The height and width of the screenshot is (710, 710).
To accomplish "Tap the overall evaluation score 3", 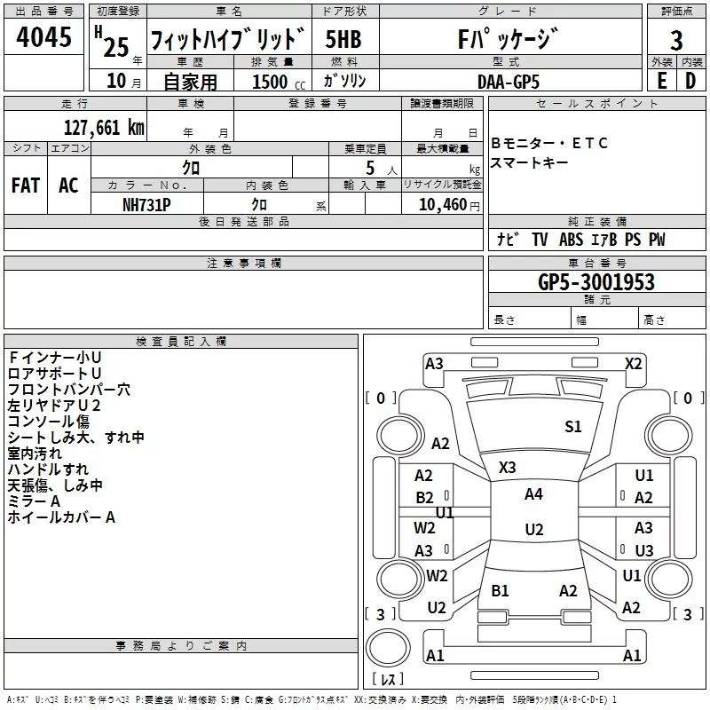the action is click(676, 40).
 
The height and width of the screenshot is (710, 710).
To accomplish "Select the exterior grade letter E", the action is click(661, 81).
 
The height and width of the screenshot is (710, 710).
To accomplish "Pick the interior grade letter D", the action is click(690, 81).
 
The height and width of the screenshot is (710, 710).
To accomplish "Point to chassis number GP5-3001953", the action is click(596, 282).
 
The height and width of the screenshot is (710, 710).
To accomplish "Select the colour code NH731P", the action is click(146, 203).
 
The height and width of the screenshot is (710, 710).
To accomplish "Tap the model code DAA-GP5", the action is click(508, 81).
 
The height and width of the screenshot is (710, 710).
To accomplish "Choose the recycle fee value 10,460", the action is click(442, 204).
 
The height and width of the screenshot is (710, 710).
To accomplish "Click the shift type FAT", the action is click(26, 185).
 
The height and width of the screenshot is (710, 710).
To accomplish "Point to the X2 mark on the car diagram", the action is click(633, 364).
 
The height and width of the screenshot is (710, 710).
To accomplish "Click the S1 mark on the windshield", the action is click(573, 427).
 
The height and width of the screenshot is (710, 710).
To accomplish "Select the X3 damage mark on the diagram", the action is click(508, 467).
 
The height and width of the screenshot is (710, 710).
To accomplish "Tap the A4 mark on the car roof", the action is click(533, 494).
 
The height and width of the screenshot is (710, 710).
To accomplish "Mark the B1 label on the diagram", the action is click(501, 590).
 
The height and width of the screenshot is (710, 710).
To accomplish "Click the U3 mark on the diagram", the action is click(644, 550).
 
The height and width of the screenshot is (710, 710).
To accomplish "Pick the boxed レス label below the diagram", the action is click(387, 680).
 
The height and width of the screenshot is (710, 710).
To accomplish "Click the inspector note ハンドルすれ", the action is click(48, 469).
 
